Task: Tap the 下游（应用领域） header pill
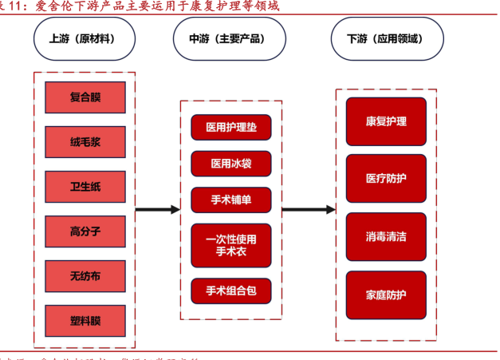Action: [386, 38]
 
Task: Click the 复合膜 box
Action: [85, 97]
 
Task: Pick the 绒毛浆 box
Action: [85, 142]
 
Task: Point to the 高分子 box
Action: [85, 232]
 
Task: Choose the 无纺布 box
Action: [85, 277]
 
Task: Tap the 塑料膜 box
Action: [85, 322]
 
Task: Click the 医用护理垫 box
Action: [231, 127]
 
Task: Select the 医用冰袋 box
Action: [231, 164]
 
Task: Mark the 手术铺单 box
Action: [231, 200]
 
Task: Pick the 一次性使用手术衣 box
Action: [231, 245]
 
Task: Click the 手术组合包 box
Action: [231, 290]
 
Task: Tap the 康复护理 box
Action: [386, 121]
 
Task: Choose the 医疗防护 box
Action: [386, 179]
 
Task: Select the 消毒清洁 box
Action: [386, 236]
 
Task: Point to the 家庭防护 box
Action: [386, 295]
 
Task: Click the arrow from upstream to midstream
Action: [157, 210]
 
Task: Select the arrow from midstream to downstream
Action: [309, 210]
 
